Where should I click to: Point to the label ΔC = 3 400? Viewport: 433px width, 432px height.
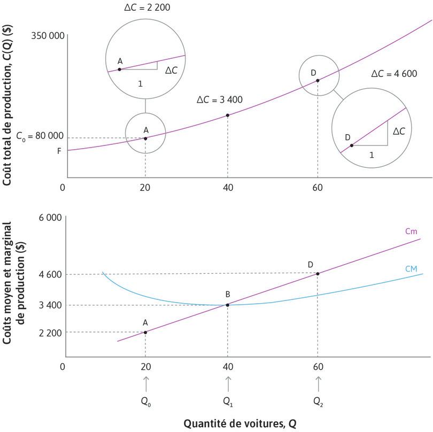tap(219, 100)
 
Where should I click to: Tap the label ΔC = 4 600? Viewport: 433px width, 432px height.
tap(394, 74)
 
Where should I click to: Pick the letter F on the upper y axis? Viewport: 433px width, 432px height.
tap(59, 151)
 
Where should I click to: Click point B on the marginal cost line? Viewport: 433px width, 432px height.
tap(228, 305)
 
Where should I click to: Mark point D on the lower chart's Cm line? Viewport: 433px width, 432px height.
tap(318, 274)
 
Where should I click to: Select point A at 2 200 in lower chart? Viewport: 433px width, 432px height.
tap(145, 332)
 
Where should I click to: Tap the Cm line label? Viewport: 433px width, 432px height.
tap(411, 232)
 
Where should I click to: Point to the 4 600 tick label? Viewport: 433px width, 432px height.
tap(50, 275)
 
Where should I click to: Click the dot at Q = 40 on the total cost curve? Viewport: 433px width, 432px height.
tap(228, 115)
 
